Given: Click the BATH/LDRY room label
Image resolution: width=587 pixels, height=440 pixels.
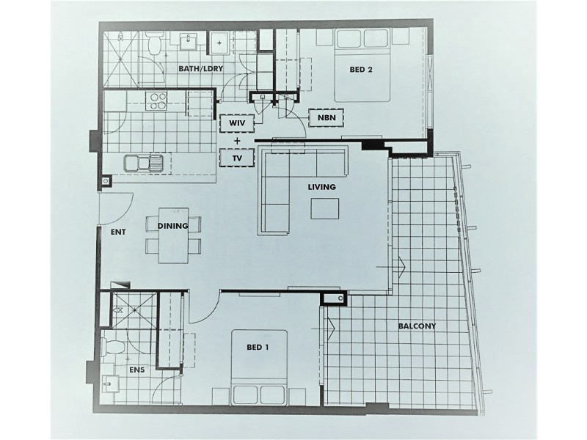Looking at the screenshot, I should click(x=200, y=69).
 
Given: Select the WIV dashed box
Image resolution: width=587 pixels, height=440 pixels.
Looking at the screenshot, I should click(x=236, y=122).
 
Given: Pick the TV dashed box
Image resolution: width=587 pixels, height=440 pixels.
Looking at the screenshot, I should click(x=236, y=158).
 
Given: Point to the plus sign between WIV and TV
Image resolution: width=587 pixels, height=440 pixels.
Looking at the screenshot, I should click(x=236, y=140).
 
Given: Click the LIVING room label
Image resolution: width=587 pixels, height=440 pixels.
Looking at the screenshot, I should click(x=321, y=187).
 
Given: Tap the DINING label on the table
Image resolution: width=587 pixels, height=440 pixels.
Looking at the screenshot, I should click(x=173, y=226).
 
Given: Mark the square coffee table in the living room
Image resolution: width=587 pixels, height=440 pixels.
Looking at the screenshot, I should click(x=325, y=210).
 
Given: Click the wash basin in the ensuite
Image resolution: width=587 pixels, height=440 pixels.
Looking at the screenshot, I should click(x=109, y=383).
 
